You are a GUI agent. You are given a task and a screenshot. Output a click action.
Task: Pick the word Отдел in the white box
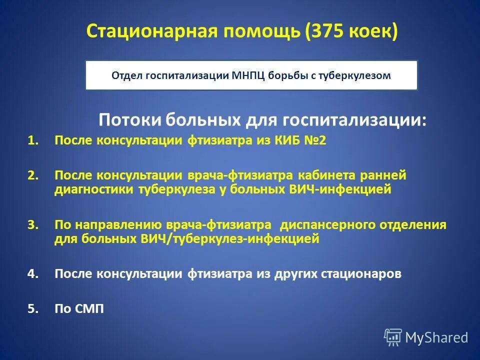(x=127, y=75)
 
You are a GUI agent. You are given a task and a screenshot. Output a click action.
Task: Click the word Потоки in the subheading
(x=129, y=120)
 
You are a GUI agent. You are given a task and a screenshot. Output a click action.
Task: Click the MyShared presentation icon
(x=392, y=337)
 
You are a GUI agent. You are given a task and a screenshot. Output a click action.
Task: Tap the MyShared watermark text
(x=436, y=338)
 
